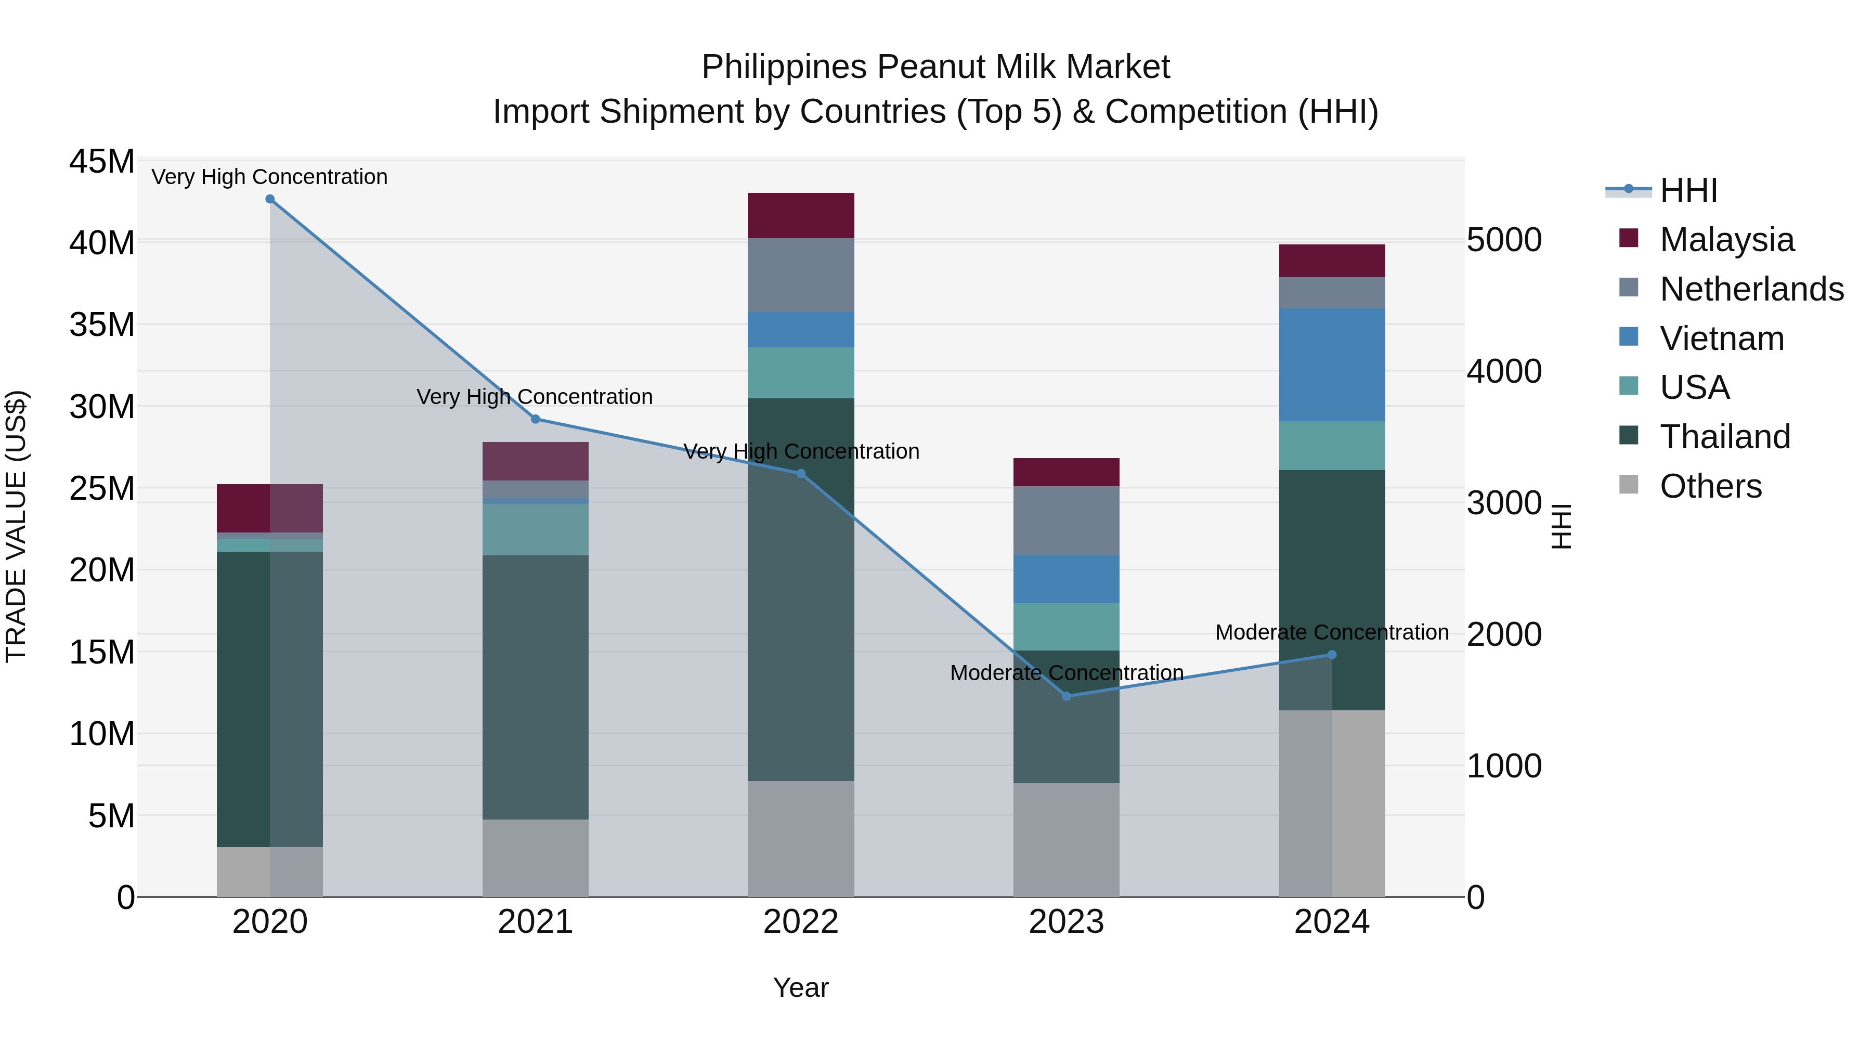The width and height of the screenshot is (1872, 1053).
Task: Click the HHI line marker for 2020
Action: [269, 199]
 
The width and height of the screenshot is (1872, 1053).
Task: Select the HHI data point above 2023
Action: [1066, 696]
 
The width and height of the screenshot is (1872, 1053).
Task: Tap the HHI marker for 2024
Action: [1331, 655]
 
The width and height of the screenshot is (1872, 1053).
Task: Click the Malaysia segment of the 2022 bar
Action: [801, 216]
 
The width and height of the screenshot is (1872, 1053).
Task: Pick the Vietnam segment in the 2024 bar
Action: [1331, 365]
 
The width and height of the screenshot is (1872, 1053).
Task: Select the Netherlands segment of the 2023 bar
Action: [1066, 521]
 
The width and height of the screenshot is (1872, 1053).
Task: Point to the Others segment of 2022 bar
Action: [801, 839]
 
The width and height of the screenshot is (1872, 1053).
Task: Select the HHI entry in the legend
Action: [1688, 190]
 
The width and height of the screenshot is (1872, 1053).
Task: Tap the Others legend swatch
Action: [1629, 485]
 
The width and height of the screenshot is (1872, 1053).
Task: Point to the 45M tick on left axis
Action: [102, 161]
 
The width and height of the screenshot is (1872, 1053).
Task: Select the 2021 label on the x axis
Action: [536, 922]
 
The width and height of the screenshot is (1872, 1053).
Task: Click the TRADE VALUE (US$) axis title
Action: [16, 526]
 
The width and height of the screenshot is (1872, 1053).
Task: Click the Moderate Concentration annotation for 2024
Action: [1331, 632]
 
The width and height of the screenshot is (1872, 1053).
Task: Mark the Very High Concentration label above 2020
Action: [269, 177]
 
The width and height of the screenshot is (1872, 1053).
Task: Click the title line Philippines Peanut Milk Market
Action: [935, 67]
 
